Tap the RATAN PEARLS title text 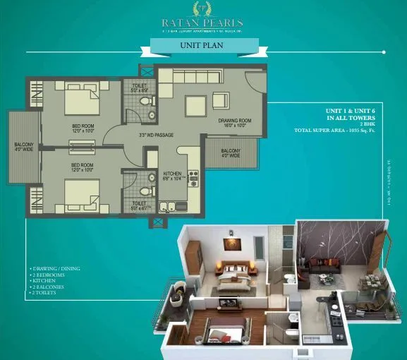(x=203, y=21)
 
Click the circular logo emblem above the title (x=203, y=7)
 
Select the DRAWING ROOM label (x=234, y=124)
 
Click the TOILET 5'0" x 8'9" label (x=139, y=88)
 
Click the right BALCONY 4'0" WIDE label (x=231, y=153)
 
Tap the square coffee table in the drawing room (x=195, y=106)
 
